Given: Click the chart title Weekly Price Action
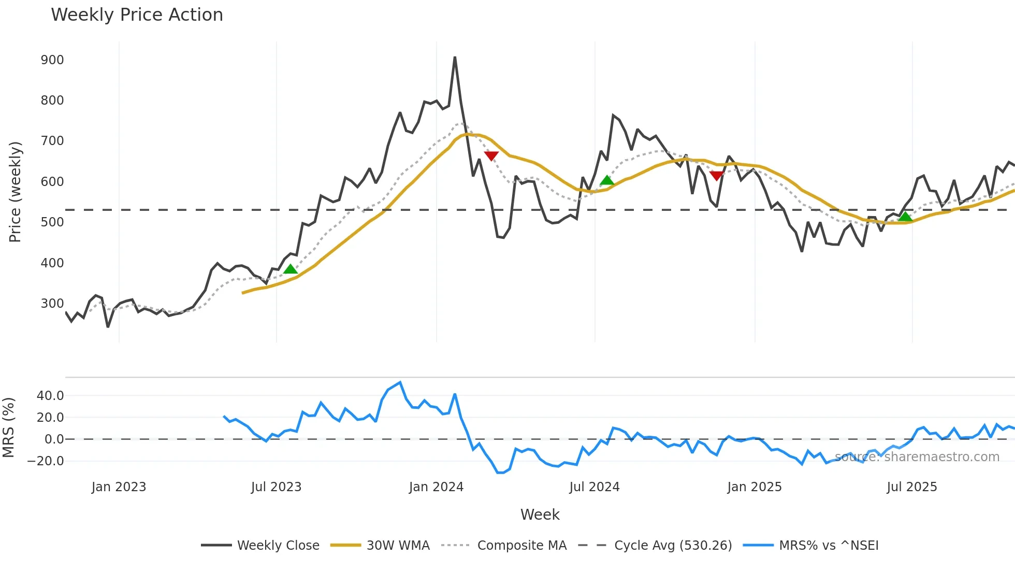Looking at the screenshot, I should point(137,15).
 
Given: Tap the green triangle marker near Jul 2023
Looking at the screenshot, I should point(291,269).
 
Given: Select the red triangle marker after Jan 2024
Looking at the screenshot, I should point(491,155).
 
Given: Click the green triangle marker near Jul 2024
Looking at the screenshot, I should point(607,180).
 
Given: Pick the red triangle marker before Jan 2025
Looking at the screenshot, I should point(716,176).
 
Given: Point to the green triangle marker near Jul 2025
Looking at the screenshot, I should point(905,217).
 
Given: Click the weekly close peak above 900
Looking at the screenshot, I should point(455,58).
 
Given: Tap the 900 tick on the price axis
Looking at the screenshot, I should point(52,60).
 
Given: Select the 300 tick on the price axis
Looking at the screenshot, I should point(52,304).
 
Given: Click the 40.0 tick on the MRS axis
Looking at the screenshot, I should point(50,396).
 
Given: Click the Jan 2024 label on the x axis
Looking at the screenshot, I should point(436,487).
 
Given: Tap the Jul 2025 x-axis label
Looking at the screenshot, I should point(912,487).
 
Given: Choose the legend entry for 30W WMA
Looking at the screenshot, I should point(398,546).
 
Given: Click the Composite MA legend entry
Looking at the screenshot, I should point(521,546).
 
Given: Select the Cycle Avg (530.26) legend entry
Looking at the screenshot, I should point(673,546).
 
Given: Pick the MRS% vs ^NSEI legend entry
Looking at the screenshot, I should point(829,546).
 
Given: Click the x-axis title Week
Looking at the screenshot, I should point(540,515).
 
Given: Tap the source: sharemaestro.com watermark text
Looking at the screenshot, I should point(917,457).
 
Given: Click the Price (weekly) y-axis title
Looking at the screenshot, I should point(15,192).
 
